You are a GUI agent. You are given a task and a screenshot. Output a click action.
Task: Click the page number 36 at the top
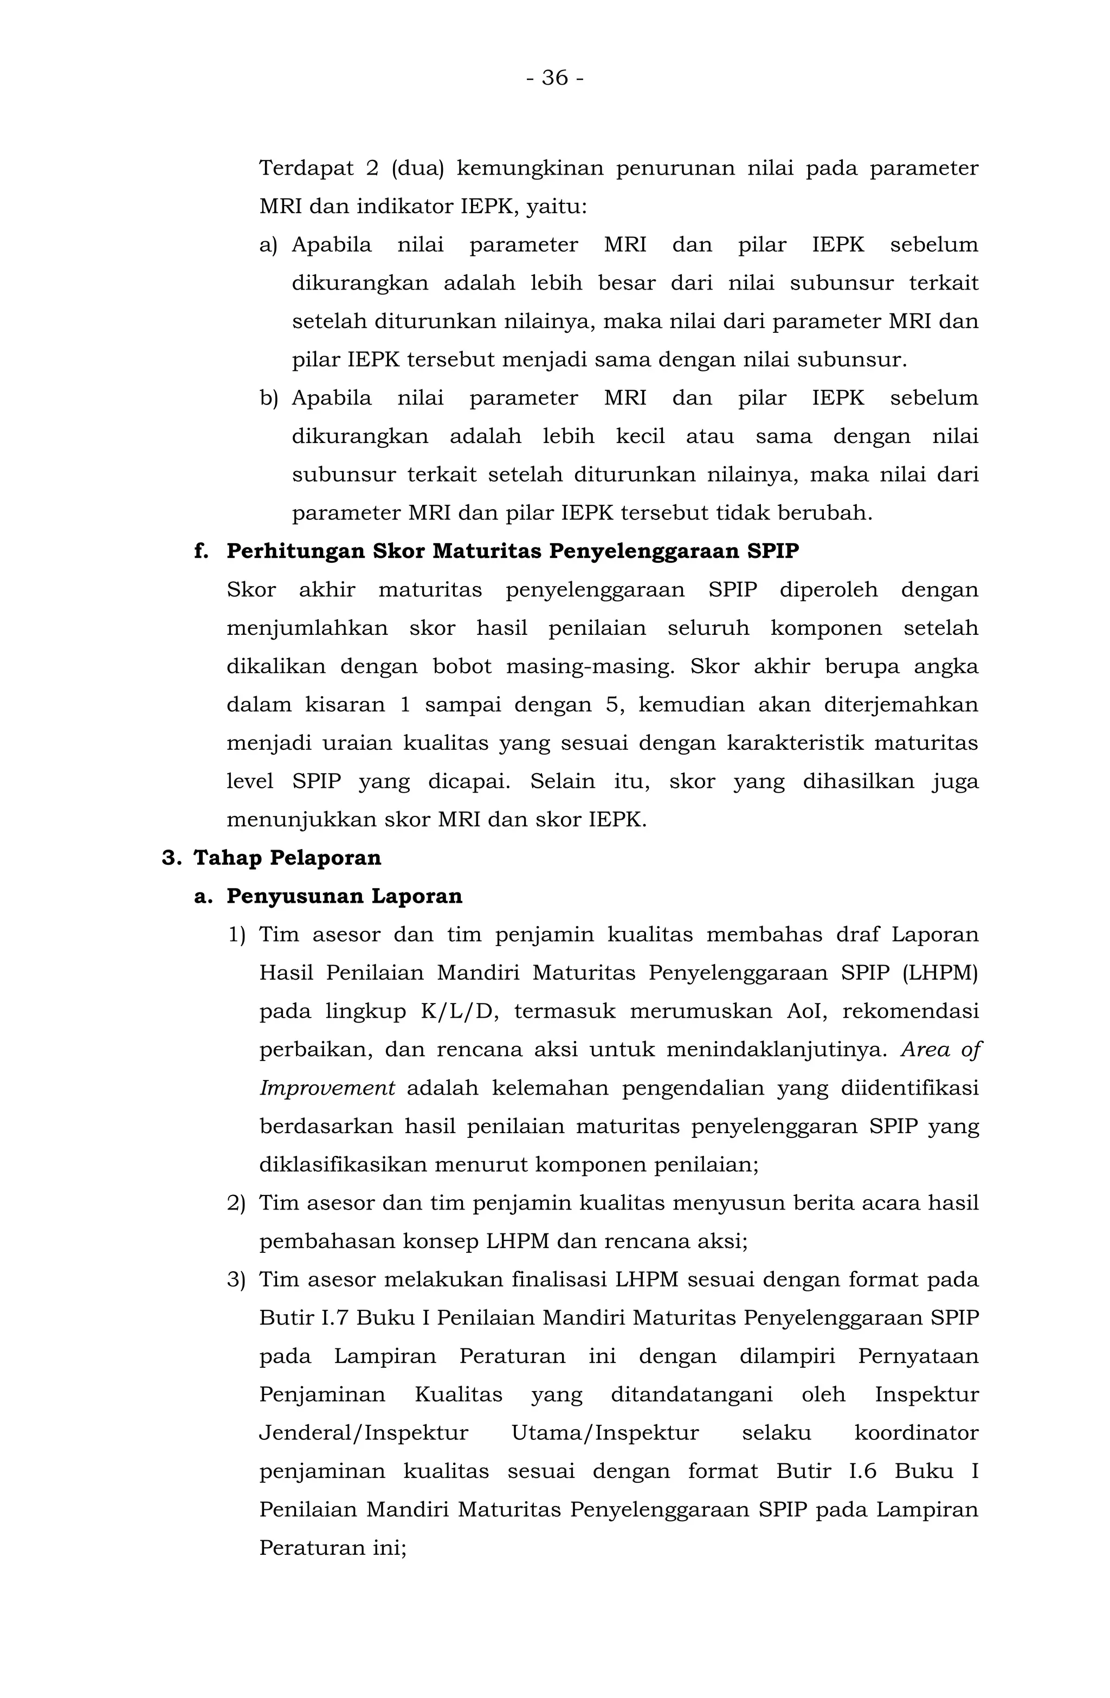pyautogui.click(x=554, y=77)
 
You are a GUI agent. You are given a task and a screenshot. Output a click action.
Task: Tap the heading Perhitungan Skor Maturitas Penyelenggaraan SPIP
pyautogui.click(x=512, y=551)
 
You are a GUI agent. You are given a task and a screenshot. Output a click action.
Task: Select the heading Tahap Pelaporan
pyautogui.click(x=287, y=858)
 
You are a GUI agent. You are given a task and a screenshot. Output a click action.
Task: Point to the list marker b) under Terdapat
pyautogui.click(x=268, y=398)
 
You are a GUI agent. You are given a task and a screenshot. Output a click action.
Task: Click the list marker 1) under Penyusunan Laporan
pyautogui.click(x=236, y=935)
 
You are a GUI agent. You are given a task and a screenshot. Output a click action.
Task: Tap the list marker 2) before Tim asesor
pyautogui.click(x=236, y=1203)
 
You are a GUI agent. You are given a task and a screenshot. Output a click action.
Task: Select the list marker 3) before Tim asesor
pyautogui.click(x=236, y=1279)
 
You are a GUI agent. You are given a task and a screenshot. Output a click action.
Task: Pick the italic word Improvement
pyautogui.click(x=327, y=1088)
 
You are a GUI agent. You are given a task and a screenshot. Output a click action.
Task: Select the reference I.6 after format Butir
pyautogui.click(x=862, y=1471)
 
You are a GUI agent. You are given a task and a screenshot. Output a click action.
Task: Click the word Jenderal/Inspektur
pyautogui.click(x=363, y=1432)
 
